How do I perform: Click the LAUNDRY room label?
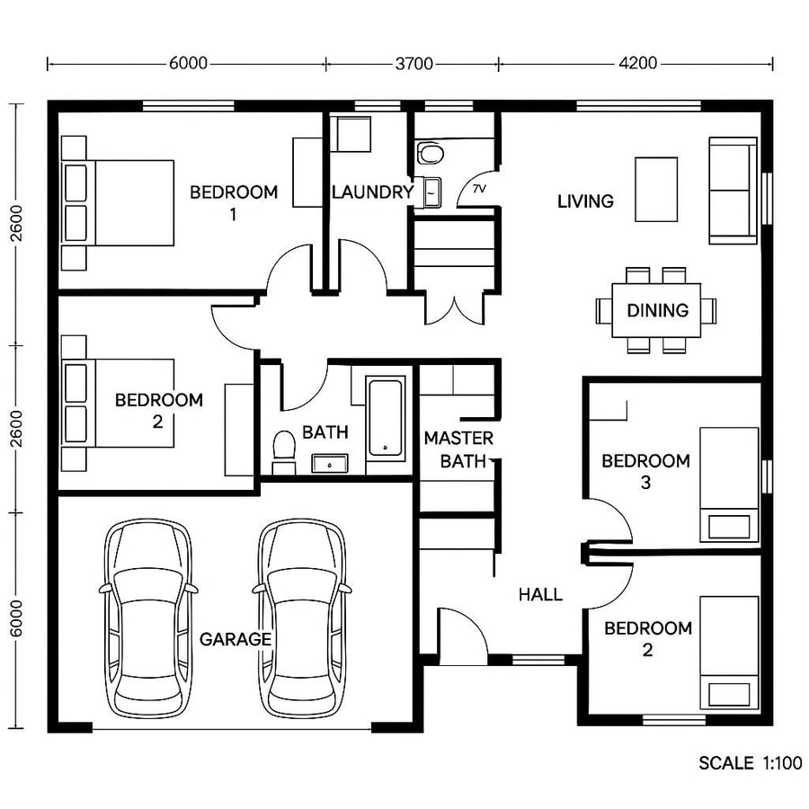tap(371, 191)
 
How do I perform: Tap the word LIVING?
tap(585, 200)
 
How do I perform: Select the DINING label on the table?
tap(657, 310)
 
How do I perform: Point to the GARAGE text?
tap(235, 639)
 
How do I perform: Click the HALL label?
tap(540, 594)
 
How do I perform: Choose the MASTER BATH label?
tap(458, 449)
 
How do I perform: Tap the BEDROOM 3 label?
tap(645, 471)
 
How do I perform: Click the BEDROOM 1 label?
tap(234, 202)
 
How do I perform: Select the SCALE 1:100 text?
tap(750, 763)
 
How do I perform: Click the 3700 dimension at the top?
tap(413, 64)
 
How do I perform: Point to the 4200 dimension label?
tap(637, 64)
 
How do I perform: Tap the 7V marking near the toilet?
tap(478, 189)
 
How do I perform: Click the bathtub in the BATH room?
tap(387, 415)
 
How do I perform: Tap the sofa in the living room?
tap(733, 190)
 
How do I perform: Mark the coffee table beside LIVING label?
tap(657, 189)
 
